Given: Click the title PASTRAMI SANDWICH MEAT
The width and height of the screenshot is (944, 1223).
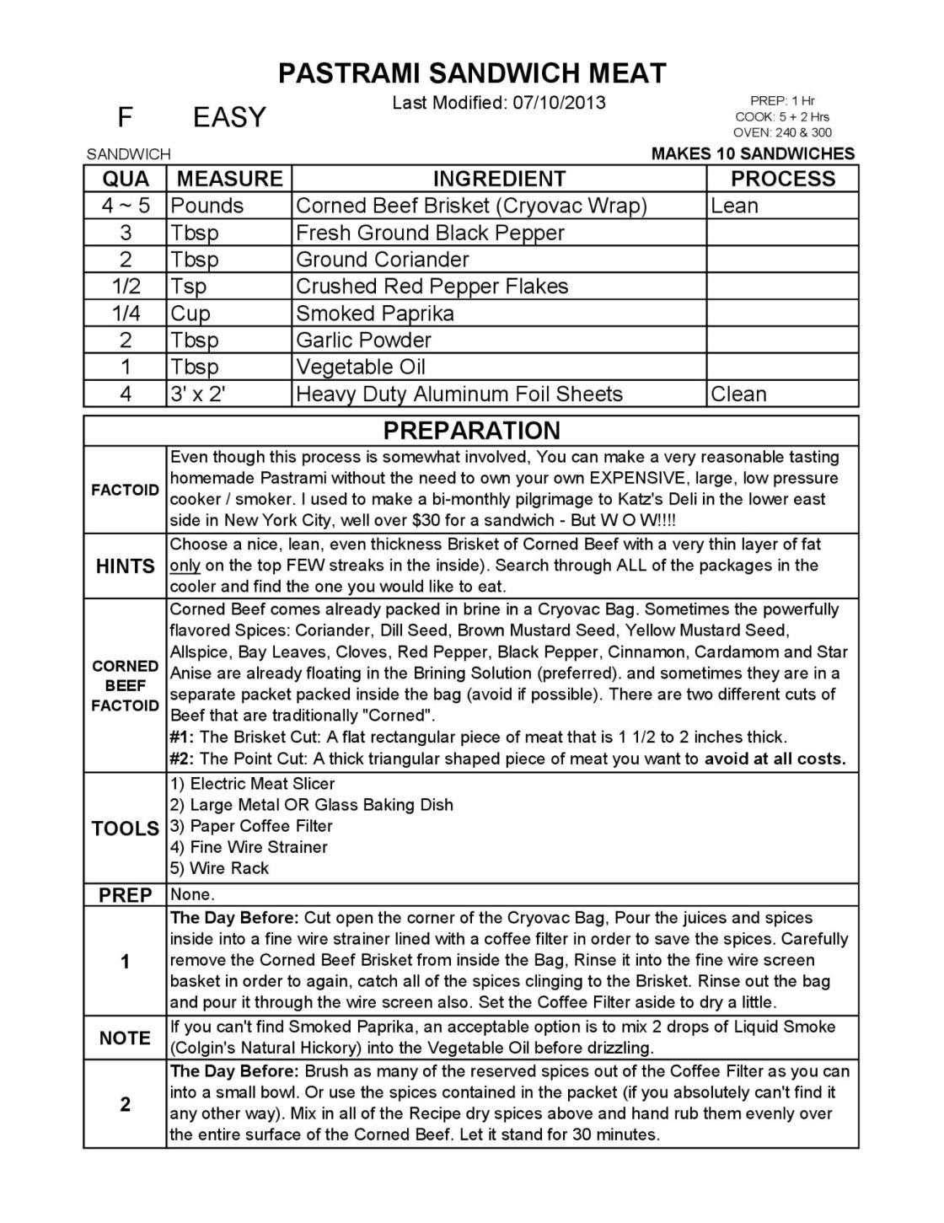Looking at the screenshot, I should (472, 73).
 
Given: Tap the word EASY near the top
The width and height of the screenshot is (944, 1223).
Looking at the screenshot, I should (229, 117).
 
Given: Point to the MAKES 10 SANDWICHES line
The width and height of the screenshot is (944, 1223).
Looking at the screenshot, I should (753, 153).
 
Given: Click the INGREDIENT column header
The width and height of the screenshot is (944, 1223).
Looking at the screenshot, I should (499, 179).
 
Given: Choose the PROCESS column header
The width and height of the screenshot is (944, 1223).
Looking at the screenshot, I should (783, 179).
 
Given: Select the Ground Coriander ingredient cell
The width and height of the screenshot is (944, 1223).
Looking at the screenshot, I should (383, 260).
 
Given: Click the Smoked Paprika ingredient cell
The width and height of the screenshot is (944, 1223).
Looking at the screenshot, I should (375, 314).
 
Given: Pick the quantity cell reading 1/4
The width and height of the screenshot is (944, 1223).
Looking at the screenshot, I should (126, 314).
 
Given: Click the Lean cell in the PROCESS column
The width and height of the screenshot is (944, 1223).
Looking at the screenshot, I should (735, 206).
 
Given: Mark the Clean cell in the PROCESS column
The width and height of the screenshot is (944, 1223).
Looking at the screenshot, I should (739, 394).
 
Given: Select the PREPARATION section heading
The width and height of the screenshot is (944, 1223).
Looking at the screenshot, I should (471, 431).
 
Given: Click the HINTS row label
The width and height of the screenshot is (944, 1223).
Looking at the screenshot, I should (126, 566).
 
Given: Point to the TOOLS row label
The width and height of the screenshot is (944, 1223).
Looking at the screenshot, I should (126, 829).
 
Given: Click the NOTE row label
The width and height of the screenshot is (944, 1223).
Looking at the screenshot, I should (125, 1038).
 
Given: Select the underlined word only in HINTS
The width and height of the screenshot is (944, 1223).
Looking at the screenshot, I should (185, 566).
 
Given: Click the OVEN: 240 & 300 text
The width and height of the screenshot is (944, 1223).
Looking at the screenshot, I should (782, 132).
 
